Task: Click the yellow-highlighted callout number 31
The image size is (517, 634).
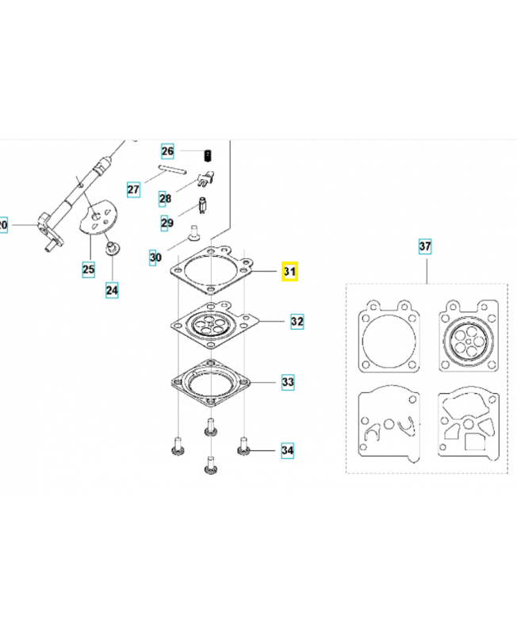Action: pyautogui.click(x=289, y=271)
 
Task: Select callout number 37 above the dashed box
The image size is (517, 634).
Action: pyautogui.click(x=425, y=246)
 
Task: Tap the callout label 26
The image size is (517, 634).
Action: pyautogui.click(x=167, y=151)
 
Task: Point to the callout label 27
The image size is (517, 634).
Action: pyautogui.click(x=133, y=189)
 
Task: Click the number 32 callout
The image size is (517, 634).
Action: pyautogui.click(x=297, y=322)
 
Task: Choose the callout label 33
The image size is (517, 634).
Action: pyautogui.click(x=288, y=382)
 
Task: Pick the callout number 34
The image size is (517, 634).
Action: pyautogui.click(x=288, y=450)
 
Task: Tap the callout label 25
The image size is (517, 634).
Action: pyautogui.click(x=89, y=269)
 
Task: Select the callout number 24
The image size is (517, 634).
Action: pyautogui.click(x=112, y=290)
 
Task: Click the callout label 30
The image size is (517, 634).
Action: pyautogui.click(x=155, y=258)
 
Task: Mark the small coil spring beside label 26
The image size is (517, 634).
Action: pyautogui.click(x=208, y=155)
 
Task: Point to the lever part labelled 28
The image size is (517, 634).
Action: pyautogui.click(x=205, y=179)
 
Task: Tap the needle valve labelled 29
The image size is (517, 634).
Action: pyautogui.click(x=203, y=205)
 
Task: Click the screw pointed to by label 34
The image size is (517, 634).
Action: pyautogui.click(x=243, y=445)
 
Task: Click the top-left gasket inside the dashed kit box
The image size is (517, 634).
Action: pyautogui.click(x=389, y=336)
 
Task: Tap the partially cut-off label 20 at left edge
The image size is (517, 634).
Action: pyautogui.click(x=3, y=224)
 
